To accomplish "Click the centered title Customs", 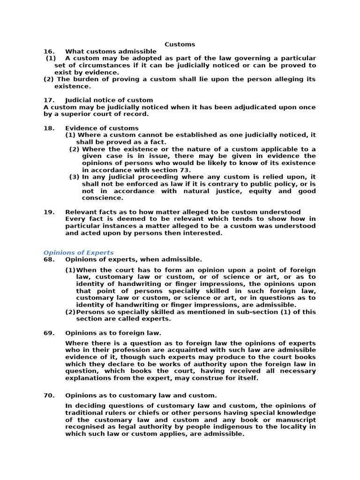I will coord(180,44).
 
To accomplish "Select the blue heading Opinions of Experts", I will coord(78,252).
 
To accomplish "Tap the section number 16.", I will coord(49,51).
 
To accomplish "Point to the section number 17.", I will coord(49,100).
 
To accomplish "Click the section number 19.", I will coord(49,212).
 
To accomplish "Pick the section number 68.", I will coord(49,259).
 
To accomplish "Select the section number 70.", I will coord(49,396).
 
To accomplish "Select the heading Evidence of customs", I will coord(102,128).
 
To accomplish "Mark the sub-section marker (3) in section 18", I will coord(74,177).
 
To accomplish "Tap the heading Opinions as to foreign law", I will coord(113,333).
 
